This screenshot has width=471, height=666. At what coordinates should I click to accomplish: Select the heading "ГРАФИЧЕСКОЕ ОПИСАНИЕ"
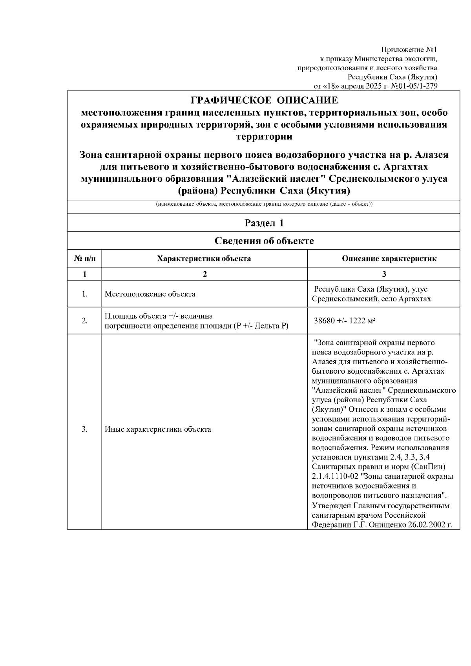264,100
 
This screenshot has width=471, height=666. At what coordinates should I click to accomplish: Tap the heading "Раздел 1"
264,223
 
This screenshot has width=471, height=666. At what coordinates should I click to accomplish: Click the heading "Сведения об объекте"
264,241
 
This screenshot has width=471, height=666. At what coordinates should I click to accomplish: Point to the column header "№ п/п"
84,259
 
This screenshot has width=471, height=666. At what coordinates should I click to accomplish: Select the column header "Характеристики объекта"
204,259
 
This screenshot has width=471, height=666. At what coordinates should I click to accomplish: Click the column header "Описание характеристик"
383,259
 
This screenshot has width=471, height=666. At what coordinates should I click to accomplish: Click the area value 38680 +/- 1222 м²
345,321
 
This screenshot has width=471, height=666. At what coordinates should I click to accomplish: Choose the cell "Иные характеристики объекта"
158,429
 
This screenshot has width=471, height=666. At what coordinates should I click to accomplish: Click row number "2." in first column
84,321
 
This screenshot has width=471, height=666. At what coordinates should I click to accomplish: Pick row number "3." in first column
84,429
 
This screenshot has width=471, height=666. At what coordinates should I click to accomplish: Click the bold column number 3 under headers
383,274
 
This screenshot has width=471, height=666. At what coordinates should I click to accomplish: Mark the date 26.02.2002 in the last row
430,524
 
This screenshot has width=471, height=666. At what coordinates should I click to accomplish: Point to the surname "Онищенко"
384,524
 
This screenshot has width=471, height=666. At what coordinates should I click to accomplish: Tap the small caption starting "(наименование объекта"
264,204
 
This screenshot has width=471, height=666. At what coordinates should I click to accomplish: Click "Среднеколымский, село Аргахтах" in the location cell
371,299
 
